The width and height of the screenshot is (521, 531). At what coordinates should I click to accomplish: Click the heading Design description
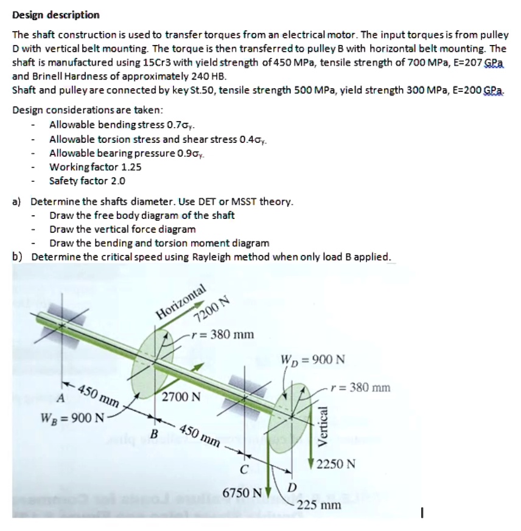(x=56, y=15)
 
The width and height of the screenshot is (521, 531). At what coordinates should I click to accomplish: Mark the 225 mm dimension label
(x=323, y=504)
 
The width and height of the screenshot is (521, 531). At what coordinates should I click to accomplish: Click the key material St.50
(x=232, y=90)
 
